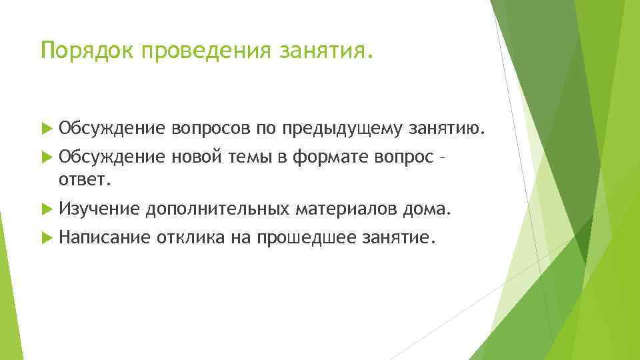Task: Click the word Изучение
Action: (99, 210)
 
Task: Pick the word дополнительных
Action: (217, 210)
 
